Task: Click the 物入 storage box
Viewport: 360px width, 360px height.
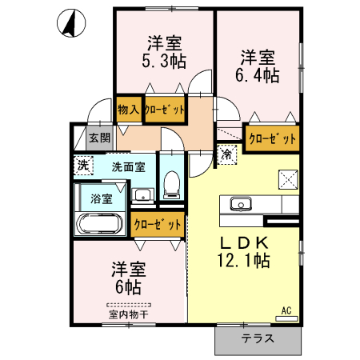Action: tap(129, 109)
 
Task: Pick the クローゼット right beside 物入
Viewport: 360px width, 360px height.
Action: tap(165, 109)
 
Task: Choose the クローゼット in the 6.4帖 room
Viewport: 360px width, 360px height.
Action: tap(272, 138)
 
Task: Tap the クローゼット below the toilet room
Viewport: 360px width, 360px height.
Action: tap(157, 225)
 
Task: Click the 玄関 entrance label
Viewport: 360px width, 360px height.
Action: tap(99, 138)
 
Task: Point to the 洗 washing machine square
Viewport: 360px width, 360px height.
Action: tap(82, 166)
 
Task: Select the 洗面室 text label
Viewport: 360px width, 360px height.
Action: tap(127, 167)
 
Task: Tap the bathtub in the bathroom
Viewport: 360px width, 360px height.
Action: tap(98, 225)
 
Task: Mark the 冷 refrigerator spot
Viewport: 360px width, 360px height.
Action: tap(227, 154)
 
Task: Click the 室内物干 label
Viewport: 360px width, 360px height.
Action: tap(128, 314)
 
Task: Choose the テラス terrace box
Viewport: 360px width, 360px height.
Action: tap(258, 338)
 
